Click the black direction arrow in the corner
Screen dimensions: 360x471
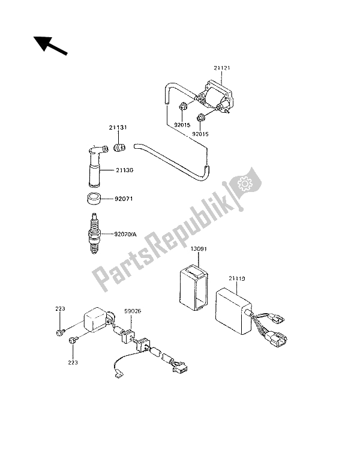(x=50, y=46)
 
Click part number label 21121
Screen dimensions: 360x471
(x=222, y=68)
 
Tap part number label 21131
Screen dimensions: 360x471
(x=118, y=128)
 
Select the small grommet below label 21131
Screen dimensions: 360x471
(x=119, y=148)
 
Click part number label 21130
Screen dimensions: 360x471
(x=124, y=170)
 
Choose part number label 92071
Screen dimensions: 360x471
(x=123, y=199)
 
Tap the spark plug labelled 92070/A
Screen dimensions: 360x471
(x=95, y=233)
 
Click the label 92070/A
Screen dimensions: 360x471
(x=125, y=234)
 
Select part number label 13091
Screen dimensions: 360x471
(x=199, y=249)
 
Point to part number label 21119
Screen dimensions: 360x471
(x=237, y=278)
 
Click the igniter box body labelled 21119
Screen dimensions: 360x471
(x=233, y=311)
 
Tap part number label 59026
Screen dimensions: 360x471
(x=133, y=311)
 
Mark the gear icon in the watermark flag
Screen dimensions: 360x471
(x=245, y=184)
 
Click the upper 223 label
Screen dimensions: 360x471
(x=60, y=308)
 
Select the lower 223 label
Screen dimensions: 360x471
(x=73, y=362)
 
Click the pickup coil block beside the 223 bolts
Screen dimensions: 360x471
(x=95, y=320)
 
